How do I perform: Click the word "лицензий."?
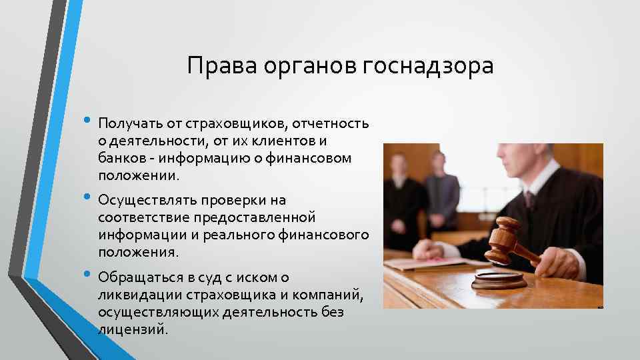pyautogui.click(x=133, y=329)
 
